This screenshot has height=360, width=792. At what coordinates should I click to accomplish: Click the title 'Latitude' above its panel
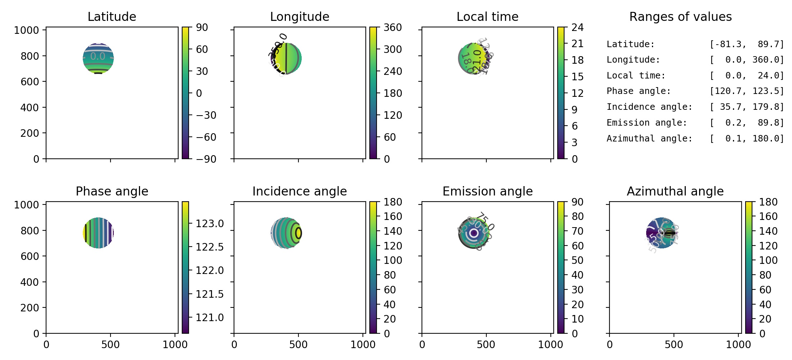112,17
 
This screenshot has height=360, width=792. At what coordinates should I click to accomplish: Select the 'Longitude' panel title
300,17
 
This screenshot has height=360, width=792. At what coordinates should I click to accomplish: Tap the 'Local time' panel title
487,17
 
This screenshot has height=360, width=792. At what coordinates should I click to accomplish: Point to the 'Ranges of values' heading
680,17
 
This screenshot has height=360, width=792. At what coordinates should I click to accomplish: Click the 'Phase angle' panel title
112,191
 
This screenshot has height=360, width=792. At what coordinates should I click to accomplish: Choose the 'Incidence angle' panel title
300,191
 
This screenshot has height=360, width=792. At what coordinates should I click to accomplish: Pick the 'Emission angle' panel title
487,191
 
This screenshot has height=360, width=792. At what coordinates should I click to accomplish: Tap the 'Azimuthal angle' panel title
675,191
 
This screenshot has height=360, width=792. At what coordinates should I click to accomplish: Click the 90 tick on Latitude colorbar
202,27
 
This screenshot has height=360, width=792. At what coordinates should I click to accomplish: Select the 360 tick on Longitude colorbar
392,27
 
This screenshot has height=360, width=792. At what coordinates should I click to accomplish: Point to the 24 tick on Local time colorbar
577,27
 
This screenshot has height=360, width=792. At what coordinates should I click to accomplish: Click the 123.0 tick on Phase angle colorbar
210,224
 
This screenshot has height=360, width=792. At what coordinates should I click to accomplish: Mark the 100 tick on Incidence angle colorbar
392,260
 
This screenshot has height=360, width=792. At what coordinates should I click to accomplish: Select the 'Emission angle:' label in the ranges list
647,123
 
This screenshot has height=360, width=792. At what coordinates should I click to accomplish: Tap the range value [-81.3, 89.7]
746,44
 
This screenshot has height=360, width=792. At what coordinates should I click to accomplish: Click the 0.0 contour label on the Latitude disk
98,57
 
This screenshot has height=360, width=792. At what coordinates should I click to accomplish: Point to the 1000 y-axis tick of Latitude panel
26,30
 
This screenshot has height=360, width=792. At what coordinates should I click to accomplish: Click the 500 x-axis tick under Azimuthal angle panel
674,345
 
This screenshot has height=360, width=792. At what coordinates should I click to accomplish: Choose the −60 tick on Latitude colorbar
206,137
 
